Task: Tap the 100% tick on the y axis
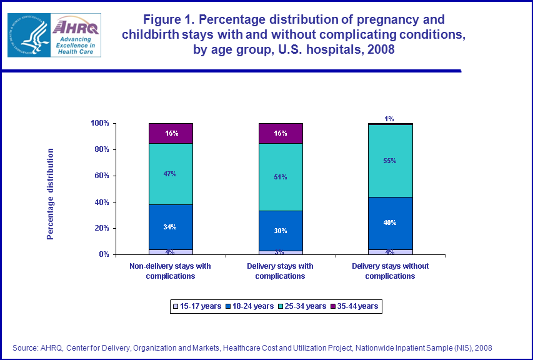pos(101,123)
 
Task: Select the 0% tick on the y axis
pos(104,254)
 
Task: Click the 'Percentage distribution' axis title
pos(51,194)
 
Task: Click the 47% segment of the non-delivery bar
pos(171,174)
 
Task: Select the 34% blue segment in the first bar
pos(171,227)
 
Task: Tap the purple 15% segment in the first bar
pos(171,133)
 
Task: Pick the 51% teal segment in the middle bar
pos(281,177)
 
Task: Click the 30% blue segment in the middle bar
pos(281,231)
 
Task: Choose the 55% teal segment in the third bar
pos(390,161)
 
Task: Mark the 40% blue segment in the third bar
pos(390,222)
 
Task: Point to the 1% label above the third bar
pos(389,119)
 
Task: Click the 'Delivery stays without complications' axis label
pos(390,271)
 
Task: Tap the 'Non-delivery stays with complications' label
pos(171,271)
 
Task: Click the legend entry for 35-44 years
pos(354,306)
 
